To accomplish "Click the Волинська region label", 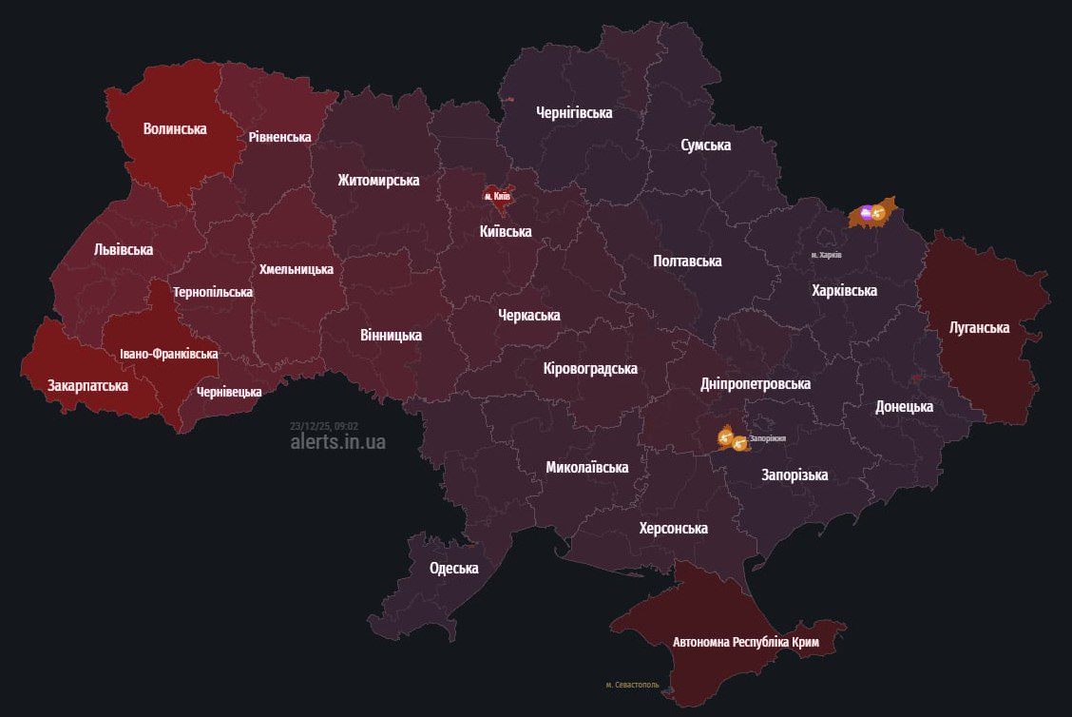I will (x=175, y=128).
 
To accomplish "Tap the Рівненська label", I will (x=279, y=137).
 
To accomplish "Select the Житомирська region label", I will (x=378, y=180).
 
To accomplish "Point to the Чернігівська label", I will (x=574, y=112).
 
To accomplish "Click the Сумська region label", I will (x=705, y=145).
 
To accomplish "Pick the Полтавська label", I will (x=687, y=261).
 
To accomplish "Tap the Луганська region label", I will (x=979, y=327).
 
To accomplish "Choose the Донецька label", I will (x=904, y=406).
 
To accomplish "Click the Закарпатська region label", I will (x=87, y=385).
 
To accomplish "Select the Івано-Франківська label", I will (x=168, y=354).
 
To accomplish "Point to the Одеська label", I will (x=453, y=568).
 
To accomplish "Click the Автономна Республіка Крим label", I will (x=745, y=643).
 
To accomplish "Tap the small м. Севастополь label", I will (x=632, y=685).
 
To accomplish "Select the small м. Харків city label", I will (x=826, y=255).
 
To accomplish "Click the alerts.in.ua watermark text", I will (x=338, y=442).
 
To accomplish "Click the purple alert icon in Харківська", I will (x=866, y=214).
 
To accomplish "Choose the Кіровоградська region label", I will (x=590, y=368).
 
